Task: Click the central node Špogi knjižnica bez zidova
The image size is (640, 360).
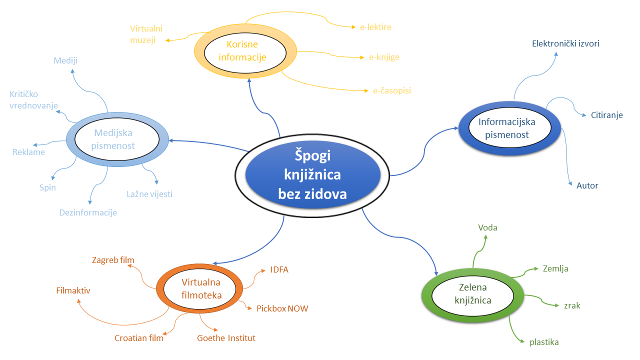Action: point(312,174)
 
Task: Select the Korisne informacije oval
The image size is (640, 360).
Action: point(245,51)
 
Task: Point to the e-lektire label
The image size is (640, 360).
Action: point(375,27)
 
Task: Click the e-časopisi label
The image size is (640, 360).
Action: point(392,90)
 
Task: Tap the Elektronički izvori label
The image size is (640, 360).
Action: point(565,43)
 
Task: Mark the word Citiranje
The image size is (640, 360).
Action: point(607,115)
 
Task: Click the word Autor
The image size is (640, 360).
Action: point(587,185)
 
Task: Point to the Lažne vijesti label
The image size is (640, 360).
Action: point(149,193)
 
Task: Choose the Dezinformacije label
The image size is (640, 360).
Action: point(88,212)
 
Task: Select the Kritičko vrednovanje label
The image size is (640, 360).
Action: point(33,99)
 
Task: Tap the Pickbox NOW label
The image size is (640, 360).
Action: point(282,308)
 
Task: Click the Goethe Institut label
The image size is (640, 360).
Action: point(226,338)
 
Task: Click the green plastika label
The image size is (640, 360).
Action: point(544,342)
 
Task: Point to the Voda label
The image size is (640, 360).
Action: point(487,228)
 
